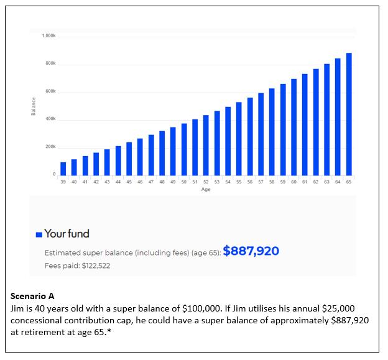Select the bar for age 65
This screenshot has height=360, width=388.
tap(349, 114)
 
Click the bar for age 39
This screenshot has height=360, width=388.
tap(63, 169)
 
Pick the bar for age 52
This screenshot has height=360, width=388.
tap(206, 145)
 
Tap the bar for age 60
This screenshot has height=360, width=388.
tap(293, 127)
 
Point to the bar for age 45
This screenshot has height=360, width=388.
tap(129, 159)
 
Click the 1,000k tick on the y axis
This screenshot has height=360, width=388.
tap(48, 36)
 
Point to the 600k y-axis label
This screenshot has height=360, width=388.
tap(50, 91)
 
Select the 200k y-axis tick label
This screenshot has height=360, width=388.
tap(50, 147)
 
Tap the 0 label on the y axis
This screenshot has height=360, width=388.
tap(54, 174)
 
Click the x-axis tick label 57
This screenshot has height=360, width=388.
tap(261, 182)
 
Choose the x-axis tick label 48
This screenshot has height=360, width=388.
tap(162, 182)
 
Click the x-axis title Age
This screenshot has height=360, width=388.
tap(206, 190)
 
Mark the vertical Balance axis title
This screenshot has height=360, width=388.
tap(34, 106)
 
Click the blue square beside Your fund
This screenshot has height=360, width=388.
tap(39, 234)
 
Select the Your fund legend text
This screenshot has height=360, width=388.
tap(67, 234)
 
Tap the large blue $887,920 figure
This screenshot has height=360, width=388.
tap(251, 251)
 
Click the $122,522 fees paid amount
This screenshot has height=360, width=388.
tap(96, 265)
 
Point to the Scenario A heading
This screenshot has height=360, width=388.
tap(32, 296)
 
